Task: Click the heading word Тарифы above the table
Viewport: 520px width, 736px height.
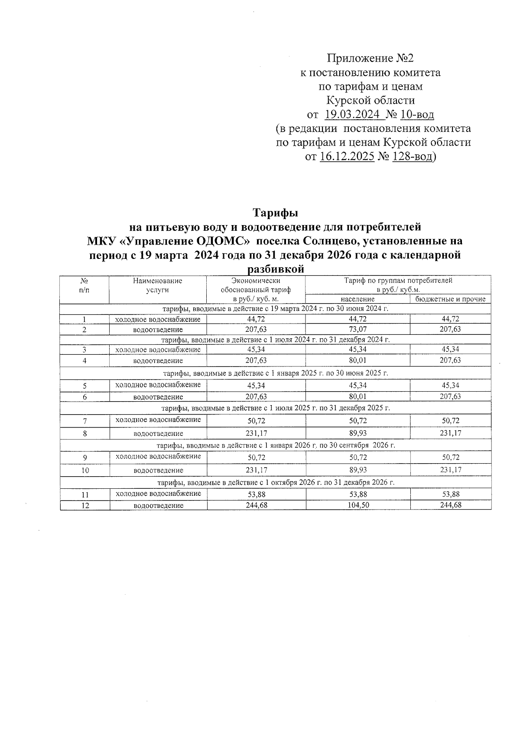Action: point(275,213)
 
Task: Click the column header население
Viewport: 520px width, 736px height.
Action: point(357,299)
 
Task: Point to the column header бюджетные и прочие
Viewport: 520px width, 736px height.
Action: point(451,299)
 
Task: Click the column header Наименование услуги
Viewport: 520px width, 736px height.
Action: point(158,285)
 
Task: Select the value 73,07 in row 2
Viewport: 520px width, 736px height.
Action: point(357,329)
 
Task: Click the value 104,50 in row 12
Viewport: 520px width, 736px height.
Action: point(357,505)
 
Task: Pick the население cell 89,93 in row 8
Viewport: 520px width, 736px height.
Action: point(357,433)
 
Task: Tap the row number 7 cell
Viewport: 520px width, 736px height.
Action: point(85,421)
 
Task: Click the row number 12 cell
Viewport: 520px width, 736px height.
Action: point(85,505)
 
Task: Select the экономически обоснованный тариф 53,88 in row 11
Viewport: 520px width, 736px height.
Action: point(256,494)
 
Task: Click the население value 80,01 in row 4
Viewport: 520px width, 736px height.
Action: point(357,360)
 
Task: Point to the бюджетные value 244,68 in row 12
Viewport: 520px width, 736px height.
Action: point(450,505)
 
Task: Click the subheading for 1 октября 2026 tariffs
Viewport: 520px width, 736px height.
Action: point(276,482)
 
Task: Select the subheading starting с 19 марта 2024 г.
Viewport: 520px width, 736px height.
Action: point(276,309)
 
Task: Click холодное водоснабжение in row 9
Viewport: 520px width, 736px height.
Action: point(158,456)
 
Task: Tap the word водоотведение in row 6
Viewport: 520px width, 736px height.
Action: point(158,397)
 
